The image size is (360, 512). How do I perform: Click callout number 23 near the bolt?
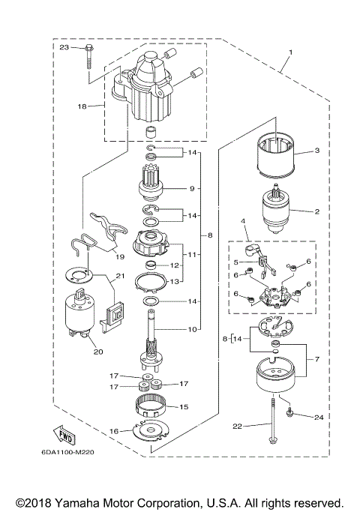click(x=63, y=47)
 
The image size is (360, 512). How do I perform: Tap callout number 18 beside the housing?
click(x=82, y=106)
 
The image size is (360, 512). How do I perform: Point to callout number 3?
click(x=317, y=151)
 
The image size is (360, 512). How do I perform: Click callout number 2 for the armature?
click(x=317, y=211)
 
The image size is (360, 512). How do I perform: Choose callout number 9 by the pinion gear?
click(x=192, y=188)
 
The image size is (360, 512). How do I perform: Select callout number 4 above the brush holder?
click(x=243, y=221)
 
